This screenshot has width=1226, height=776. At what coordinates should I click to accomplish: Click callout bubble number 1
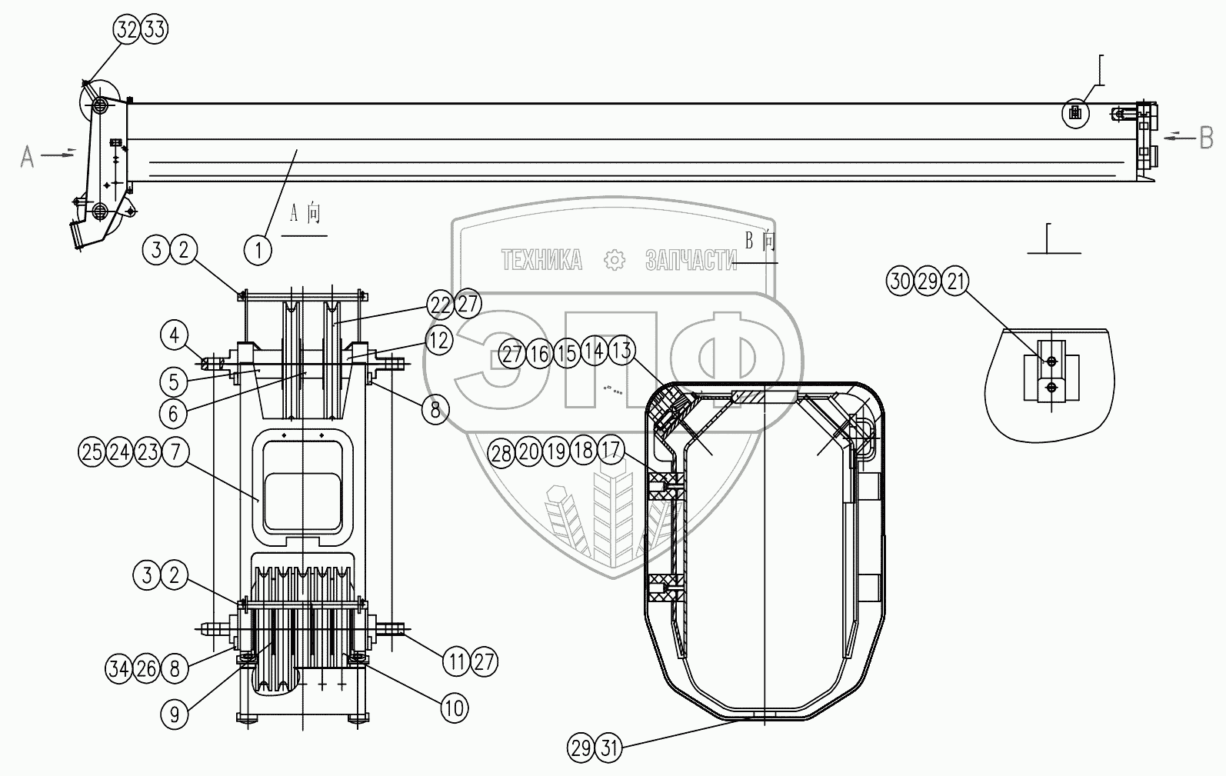(258, 251)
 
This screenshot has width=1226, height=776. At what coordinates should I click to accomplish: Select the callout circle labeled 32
(127, 29)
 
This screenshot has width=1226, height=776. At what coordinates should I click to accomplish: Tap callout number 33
(155, 29)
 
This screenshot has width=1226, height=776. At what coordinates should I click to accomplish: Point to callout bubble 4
(174, 335)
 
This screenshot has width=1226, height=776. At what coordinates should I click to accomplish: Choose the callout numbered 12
(439, 341)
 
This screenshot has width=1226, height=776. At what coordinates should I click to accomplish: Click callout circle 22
(441, 305)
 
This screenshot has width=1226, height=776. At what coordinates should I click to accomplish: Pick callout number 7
(175, 452)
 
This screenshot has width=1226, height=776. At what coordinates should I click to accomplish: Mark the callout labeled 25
(92, 452)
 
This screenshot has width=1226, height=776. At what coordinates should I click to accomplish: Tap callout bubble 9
(175, 714)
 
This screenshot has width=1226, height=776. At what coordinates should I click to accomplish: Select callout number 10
(455, 708)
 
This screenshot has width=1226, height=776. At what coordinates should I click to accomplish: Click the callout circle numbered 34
(118, 669)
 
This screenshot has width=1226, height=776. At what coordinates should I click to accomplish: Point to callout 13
(621, 350)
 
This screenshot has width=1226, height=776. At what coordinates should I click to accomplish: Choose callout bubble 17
(611, 451)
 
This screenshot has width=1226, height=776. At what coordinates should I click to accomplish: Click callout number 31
(608, 748)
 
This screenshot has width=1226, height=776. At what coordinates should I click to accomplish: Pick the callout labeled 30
(900, 281)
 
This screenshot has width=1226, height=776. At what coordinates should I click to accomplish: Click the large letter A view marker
(28, 157)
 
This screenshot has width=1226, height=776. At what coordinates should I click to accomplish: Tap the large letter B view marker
(1206, 138)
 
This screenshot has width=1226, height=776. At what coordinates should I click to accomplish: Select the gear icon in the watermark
(614, 260)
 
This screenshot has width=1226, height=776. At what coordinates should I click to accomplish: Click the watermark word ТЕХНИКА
(541, 260)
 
